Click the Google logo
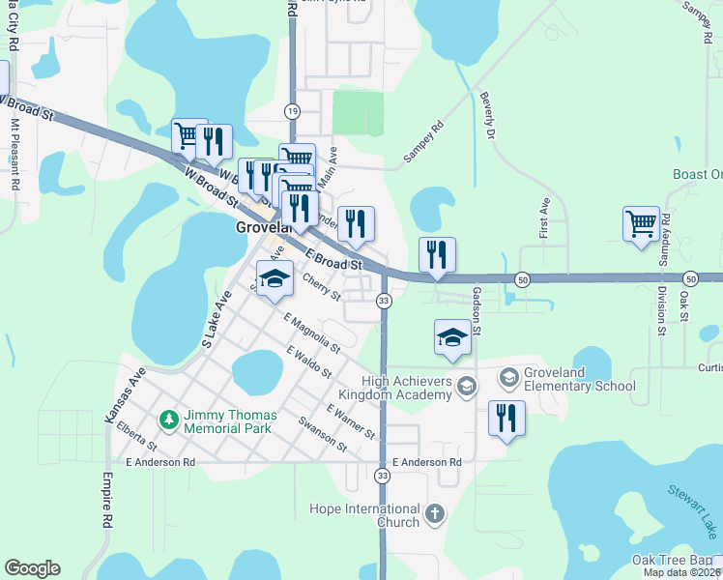coord(32,568)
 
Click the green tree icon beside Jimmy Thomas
coord(170,419)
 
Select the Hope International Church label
coord(363,515)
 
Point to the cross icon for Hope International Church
coord(435,512)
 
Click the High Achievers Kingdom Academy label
coord(407,388)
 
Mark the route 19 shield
coord(292,112)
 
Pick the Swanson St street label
coord(323,433)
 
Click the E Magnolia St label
coord(311,332)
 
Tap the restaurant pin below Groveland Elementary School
coord(506,420)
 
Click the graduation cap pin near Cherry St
coord(275,280)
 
